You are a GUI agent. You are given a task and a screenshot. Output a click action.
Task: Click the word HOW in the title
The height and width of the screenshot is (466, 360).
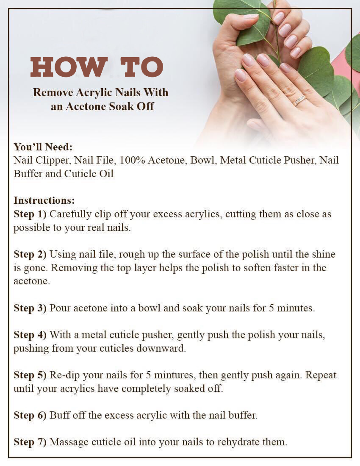tap(69, 67)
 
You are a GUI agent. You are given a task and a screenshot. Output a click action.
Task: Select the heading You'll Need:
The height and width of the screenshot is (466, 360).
tap(43, 147)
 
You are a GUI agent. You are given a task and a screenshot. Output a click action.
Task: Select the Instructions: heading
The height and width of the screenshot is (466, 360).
tap(44, 200)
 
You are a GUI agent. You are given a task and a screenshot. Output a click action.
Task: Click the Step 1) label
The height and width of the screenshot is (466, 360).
tap(30, 214)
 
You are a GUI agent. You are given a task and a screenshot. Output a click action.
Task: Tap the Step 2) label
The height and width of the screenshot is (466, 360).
tap(30, 255)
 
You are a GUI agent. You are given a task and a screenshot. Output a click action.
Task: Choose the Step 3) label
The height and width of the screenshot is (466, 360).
tap(30, 308)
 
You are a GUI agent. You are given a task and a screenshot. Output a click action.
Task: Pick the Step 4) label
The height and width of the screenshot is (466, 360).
tap(30, 335)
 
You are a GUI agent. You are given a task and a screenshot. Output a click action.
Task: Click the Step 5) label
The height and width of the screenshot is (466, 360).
tap(30, 375)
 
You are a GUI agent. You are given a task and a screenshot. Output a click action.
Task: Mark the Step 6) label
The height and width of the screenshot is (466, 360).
tap(30, 415)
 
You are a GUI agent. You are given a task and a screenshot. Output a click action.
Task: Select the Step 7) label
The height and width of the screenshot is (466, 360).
tap(30, 442)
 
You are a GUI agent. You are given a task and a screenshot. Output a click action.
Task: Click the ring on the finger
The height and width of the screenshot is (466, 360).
tap(299, 100)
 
